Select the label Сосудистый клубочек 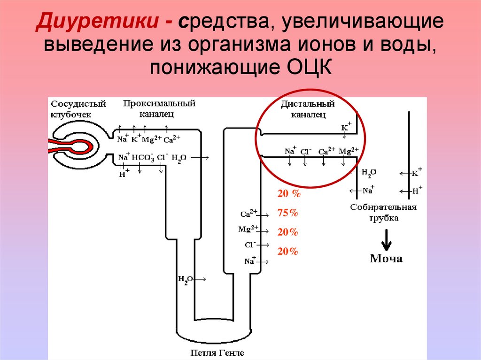[x=78, y=109]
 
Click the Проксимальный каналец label [x=159, y=107]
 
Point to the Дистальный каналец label [x=308, y=109]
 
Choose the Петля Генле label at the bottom [x=217, y=352]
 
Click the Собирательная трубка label [x=383, y=213]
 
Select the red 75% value [x=288, y=213]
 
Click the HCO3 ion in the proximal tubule [x=143, y=158]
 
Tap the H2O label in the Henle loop [x=185, y=280]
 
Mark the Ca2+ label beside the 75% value [x=248, y=214]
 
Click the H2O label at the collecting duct [x=369, y=173]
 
